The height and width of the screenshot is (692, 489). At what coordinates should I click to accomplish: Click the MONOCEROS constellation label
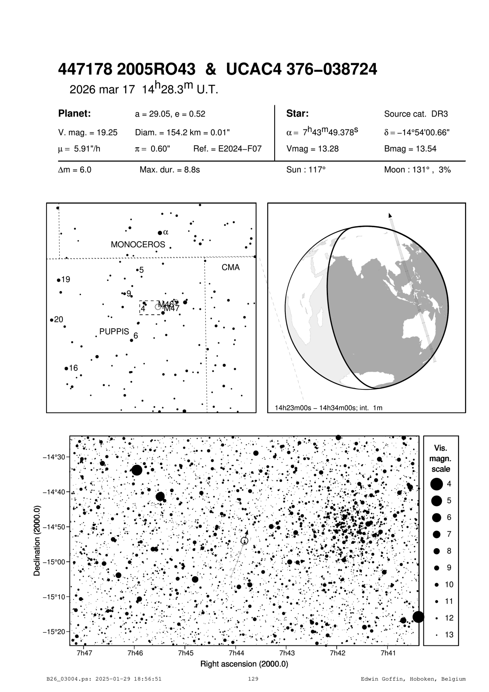138,244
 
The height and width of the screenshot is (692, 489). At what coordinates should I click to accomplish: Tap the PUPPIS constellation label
114,331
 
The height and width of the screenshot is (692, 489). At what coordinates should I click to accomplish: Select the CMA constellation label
230,267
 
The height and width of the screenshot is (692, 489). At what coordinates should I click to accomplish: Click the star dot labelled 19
59,280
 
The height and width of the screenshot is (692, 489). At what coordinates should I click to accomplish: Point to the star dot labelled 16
66,369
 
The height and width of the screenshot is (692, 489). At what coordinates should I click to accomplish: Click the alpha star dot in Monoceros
160,233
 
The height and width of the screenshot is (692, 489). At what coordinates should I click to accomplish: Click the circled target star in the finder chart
244,540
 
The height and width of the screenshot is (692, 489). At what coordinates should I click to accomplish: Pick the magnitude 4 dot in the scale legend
437,484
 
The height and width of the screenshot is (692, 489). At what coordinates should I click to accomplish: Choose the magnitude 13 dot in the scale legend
437,635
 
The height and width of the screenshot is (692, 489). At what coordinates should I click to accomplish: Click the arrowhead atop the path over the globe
390,215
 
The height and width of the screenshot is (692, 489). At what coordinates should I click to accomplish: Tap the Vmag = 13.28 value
313,149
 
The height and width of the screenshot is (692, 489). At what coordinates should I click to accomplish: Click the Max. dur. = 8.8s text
170,170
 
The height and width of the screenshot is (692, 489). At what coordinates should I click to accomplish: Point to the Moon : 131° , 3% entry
417,170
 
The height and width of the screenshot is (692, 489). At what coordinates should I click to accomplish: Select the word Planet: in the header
75,114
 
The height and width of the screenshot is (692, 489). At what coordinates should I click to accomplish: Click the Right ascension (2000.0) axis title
244,664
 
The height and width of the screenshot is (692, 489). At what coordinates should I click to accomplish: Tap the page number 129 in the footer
253,679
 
